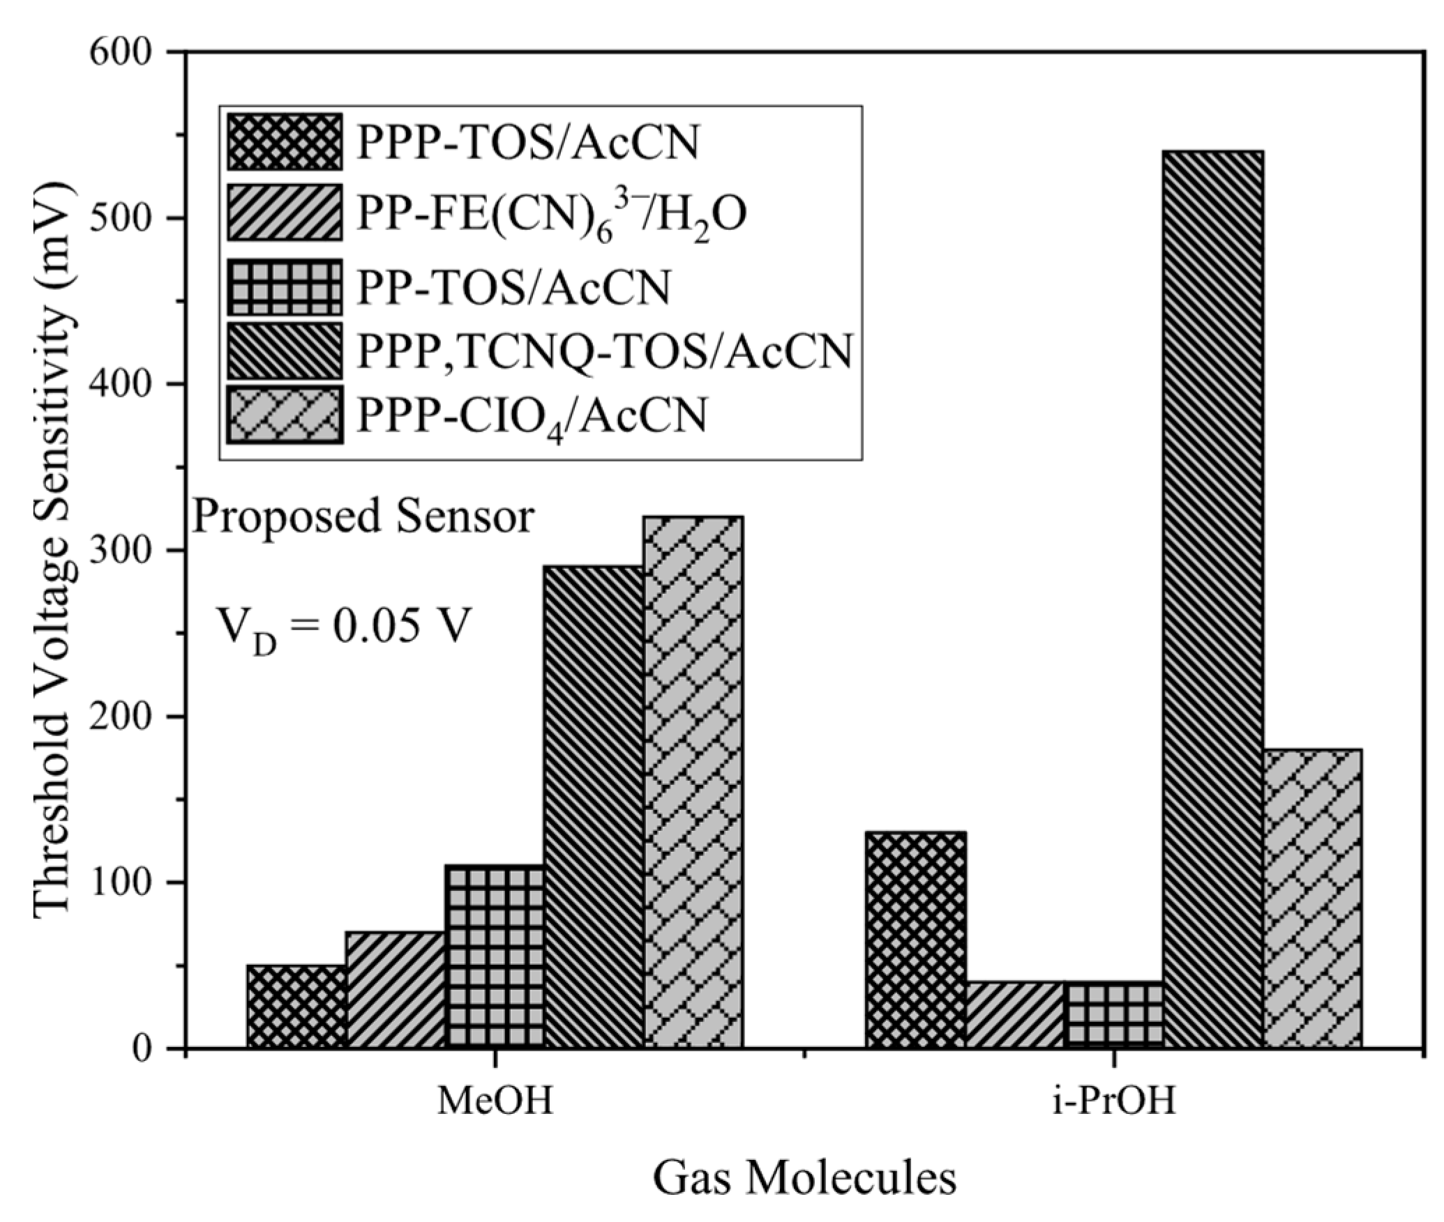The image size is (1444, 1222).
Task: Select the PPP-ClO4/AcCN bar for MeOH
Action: click(x=693, y=781)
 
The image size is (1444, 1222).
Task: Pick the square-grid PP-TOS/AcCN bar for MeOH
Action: click(x=495, y=955)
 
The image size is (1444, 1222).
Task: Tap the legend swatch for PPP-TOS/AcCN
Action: click(x=285, y=142)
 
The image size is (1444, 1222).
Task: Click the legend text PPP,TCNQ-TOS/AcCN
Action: click(x=604, y=351)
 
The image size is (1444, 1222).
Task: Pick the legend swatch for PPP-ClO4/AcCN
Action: click(x=285, y=415)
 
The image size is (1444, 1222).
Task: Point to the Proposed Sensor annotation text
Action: click(x=363, y=517)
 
